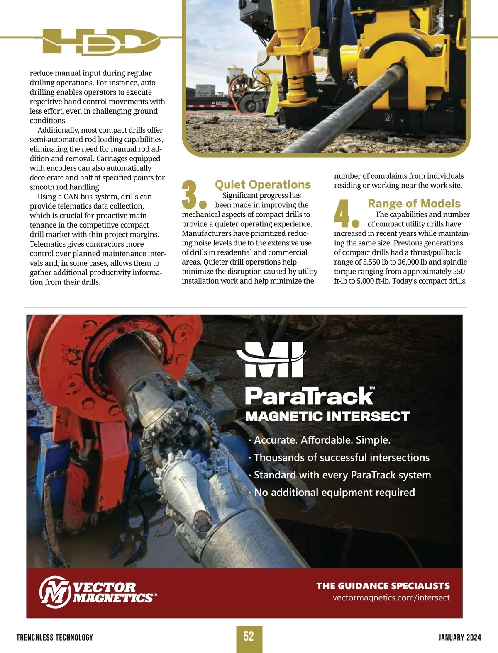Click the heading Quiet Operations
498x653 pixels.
point(263,184)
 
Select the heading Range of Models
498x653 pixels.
point(414,204)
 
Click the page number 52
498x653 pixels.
point(249,636)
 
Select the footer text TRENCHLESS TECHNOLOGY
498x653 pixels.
point(55,637)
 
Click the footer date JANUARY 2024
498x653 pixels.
point(459,637)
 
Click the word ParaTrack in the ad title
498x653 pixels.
point(309,396)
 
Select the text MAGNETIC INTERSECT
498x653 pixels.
point(327,416)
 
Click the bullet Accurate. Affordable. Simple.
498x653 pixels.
point(322,440)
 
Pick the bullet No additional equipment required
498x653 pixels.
point(334,493)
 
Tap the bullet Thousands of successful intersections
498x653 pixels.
point(341,457)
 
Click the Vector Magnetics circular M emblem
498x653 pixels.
point(55,592)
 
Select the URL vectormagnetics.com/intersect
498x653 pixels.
point(391,597)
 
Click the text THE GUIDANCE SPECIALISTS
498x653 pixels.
point(383,586)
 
